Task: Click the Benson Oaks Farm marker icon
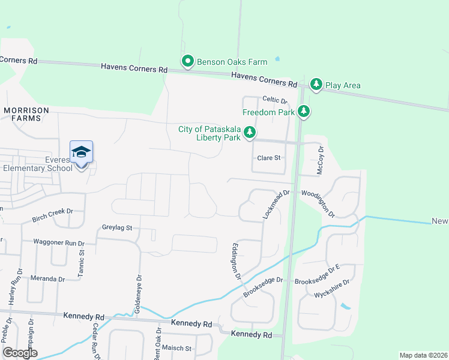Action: pos(187,61)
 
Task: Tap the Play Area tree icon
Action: pos(316,85)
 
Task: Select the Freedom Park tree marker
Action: pos(304,112)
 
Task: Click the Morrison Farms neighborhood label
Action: pos(22,114)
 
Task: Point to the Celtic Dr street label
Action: pos(275,100)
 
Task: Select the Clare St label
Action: pos(269,158)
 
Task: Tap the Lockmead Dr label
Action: pos(277,203)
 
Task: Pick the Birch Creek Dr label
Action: pos(52,211)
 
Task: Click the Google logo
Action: pos(20,353)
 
